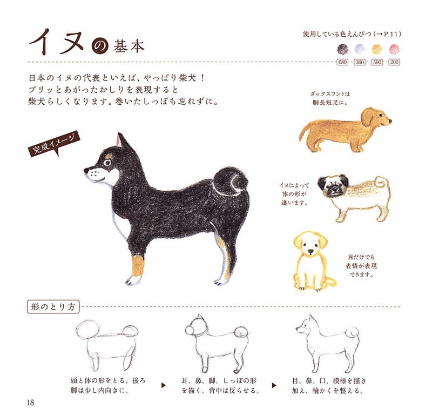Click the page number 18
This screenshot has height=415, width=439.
coord(30,403)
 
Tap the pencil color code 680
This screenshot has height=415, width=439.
coord(342,62)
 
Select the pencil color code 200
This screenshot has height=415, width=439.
coord(394,62)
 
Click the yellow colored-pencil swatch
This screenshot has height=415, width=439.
coord(377,49)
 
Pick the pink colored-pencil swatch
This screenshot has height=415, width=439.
coord(394,49)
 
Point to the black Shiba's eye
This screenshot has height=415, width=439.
coord(107,162)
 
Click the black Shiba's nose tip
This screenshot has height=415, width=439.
coord(86,170)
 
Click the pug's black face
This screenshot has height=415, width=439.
coord(333,187)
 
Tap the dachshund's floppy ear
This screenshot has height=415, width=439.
coord(367,118)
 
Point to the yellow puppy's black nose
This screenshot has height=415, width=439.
coord(310,251)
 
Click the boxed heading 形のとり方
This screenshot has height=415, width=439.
coord(53,307)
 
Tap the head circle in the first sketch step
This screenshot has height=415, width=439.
coord(87,329)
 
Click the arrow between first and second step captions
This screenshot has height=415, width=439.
coord(164,385)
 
